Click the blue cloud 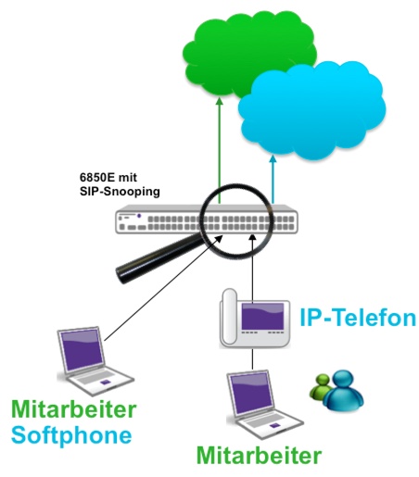click(x=312, y=111)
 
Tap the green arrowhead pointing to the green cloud click(x=220, y=102)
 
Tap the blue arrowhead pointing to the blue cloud click(x=273, y=158)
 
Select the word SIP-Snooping click(x=120, y=192)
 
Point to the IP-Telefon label click(x=358, y=318)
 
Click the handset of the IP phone click(x=230, y=317)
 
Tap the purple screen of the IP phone click(x=262, y=316)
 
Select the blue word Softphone click(x=71, y=434)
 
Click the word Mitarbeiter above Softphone click(x=74, y=409)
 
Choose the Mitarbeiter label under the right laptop click(x=259, y=456)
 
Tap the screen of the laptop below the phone click(x=252, y=394)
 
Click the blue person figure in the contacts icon click(x=344, y=391)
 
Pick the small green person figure click(x=320, y=386)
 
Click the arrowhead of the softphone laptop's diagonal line click(x=219, y=239)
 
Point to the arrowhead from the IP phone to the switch click(x=253, y=238)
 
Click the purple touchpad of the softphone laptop click(x=106, y=382)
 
